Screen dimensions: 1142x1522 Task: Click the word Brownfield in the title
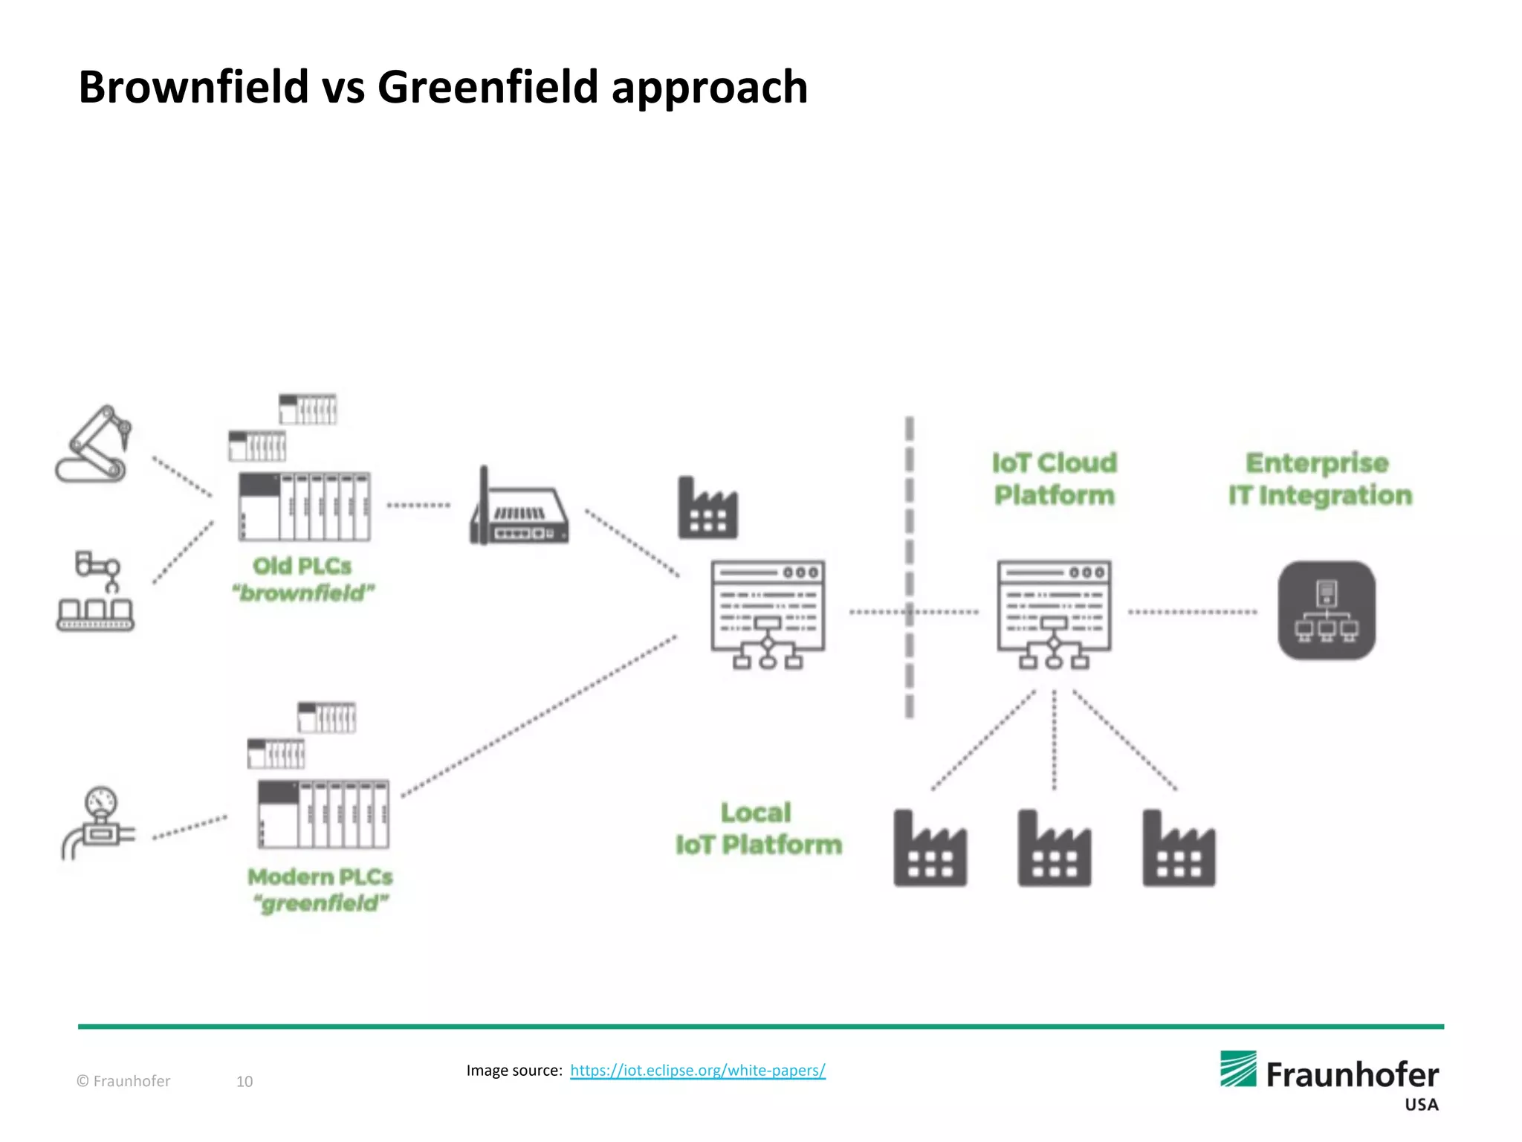point(193,87)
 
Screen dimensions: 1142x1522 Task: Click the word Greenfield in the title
point(488,87)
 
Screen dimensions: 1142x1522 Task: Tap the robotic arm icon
point(94,445)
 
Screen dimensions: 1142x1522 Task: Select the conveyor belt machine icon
point(95,592)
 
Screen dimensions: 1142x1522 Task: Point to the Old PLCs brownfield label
point(302,579)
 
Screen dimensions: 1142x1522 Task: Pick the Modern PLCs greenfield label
point(320,890)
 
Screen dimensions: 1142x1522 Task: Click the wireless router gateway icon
point(519,509)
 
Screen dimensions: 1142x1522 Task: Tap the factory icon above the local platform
point(707,509)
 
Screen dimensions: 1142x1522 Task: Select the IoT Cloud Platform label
point(1054,479)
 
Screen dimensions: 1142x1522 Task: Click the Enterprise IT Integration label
point(1319,479)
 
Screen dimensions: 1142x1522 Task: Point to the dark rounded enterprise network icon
point(1327,610)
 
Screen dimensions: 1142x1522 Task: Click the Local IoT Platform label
point(758,828)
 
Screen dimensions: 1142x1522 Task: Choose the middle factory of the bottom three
point(1054,849)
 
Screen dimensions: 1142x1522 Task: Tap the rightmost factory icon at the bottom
point(1179,849)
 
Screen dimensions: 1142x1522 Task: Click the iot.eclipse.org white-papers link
point(697,1070)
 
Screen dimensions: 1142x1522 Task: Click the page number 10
point(245,1081)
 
